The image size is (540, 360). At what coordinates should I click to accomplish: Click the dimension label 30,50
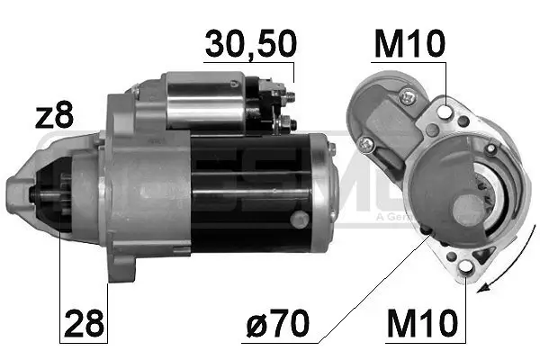point(250,44)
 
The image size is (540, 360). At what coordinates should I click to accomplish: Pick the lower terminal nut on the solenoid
point(285,121)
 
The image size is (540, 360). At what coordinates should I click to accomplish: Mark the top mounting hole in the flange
point(447,112)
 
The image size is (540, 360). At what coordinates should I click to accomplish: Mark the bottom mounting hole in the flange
point(465,264)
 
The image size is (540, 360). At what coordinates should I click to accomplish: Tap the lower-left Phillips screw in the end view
point(365,144)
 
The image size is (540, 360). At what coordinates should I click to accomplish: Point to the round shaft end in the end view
point(468,211)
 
